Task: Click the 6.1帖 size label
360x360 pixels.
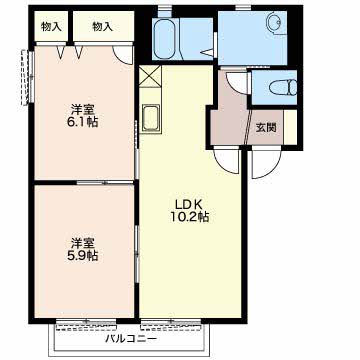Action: [83, 122]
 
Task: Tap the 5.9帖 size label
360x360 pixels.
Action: [83, 255]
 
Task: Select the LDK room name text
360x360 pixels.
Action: [190, 205]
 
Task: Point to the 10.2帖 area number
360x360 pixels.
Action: [190, 217]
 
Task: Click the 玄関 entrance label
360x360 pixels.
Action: [266, 127]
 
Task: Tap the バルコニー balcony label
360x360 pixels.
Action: [131, 339]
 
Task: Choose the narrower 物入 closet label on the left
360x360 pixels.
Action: [51, 27]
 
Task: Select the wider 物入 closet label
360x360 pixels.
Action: [103, 27]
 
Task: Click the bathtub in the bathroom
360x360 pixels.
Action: [166, 39]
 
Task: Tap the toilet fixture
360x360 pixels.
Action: [283, 88]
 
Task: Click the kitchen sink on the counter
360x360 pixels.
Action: [150, 118]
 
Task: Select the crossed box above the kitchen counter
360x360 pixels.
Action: [150, 76]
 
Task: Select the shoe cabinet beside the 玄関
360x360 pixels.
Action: [290, 127]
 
